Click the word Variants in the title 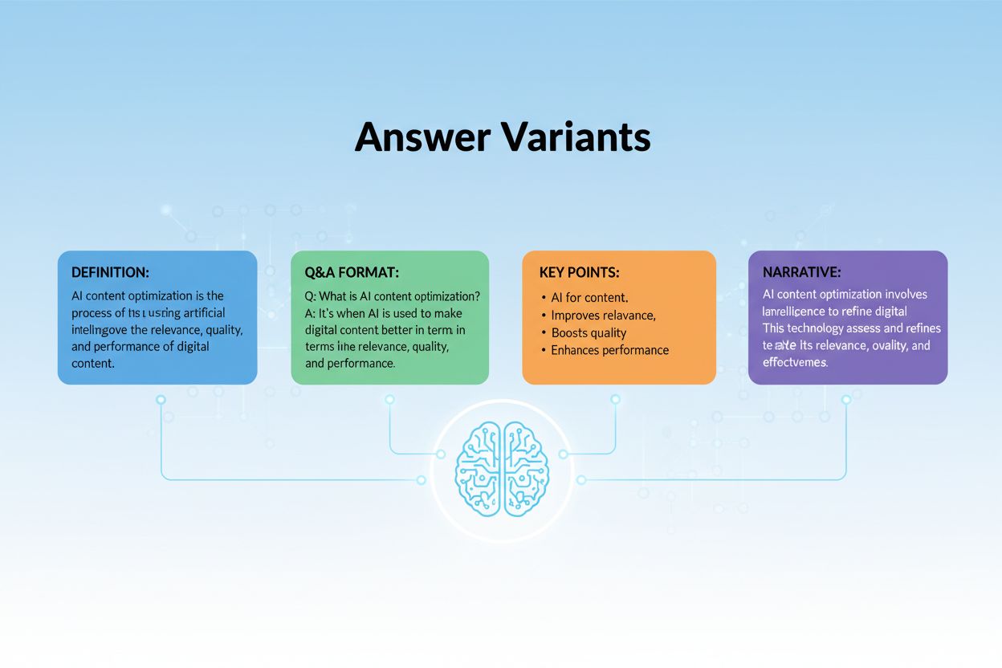click(x=576, y=137)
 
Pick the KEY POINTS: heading click(x=580, y=273)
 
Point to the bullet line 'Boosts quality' click(x=589, y=332)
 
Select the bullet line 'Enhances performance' click(x=609, y=350)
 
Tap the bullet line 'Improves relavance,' click(x=603, y=315)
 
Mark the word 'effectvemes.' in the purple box click(x=795, y=362)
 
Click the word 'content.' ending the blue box click(x=93, y=363)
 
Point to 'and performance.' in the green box click(x=350, y=363)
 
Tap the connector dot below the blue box click(x=161, y=399)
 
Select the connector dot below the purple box click(x=845, y=399)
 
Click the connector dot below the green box click(x=390, y=399)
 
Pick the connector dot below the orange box click(x=615, y=399)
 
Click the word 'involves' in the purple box click(x=905, y=295)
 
